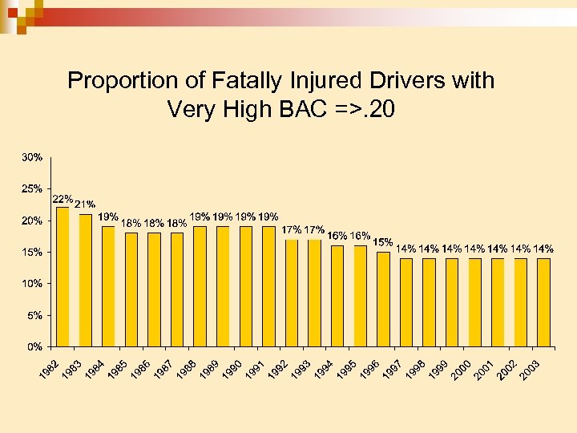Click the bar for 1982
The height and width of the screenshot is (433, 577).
[x=63, y=277]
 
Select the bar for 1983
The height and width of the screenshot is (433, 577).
[x=86, y=280]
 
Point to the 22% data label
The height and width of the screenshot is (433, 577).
[x=63, y=198]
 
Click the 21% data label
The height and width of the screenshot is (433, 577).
[x=85, y=204]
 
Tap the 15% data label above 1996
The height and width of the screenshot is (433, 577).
[x=382, y=241]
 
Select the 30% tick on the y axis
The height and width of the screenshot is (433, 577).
[x=33, y=157]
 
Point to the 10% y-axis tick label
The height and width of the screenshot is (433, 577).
[x=33, y=283]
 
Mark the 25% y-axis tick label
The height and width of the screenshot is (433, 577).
[x=33, y=188]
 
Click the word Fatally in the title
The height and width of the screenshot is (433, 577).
[x=247, y=81]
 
